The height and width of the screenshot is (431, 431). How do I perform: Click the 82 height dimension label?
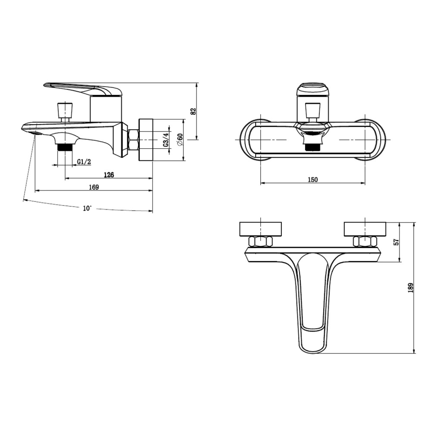coord(194,111)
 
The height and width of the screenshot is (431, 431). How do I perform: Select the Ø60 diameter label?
coord(180,140)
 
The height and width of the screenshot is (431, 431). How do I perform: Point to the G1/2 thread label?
coord(84,162)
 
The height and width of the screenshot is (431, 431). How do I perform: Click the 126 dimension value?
coord(109,175)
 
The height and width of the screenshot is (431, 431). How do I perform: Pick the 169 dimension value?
coord(94,187)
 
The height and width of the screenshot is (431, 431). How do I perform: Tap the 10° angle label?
coord(87,208)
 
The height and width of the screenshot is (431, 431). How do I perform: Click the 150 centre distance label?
coord(312,179)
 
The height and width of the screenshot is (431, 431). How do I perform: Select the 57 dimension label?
coord(396,242)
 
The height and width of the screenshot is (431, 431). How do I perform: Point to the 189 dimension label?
coord(411,287)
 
